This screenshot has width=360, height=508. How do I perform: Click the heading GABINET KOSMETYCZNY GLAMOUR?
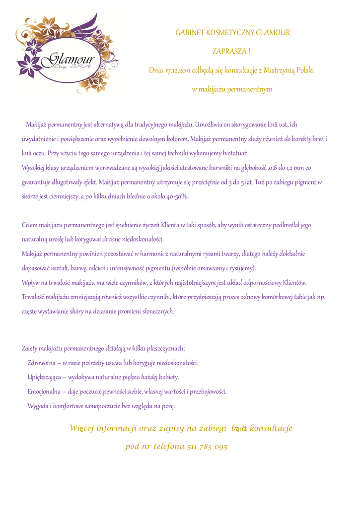[x=232, y=33]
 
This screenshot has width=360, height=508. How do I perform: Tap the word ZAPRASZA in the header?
[x=229, y=51]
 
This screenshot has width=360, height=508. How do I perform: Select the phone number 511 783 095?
[x=208, y=447]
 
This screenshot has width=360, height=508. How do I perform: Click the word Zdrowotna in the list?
[x=41, y=363]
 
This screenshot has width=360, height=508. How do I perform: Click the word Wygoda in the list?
[x=38, y=406]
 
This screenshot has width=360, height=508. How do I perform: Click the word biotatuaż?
[x=233, y=153]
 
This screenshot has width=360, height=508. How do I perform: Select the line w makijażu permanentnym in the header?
[x=232, y=90]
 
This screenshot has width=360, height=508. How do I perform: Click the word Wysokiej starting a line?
[x=33, y=168]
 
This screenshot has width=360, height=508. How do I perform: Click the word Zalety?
[x=31, y=348]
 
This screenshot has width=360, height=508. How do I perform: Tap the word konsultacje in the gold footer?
[x=271, y=428]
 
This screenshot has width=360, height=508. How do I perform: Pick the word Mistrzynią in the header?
[x=280, y=70]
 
